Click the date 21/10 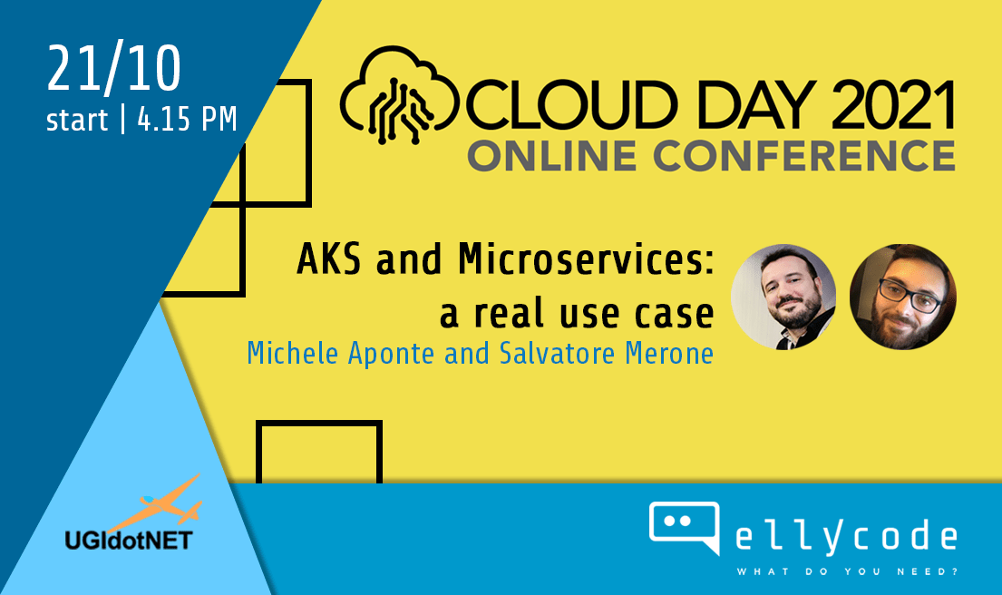pyautogui.click(x=113, y=68)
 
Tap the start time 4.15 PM pyautogui.click(x=187, y=120)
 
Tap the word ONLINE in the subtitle pyautogui.click(x=554, y=156)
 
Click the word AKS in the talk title pyautogui.click(x=330, y=260)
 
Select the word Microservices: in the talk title pyautogui.click(x=586, y=260)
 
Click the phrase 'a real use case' pyautogui.click(x=576, y=313)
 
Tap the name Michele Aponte pyautogui.click(x=342, y=353)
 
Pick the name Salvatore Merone pyautogui.click(x=606, y=353)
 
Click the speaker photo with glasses pyautogui.click(x=902, y=296)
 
